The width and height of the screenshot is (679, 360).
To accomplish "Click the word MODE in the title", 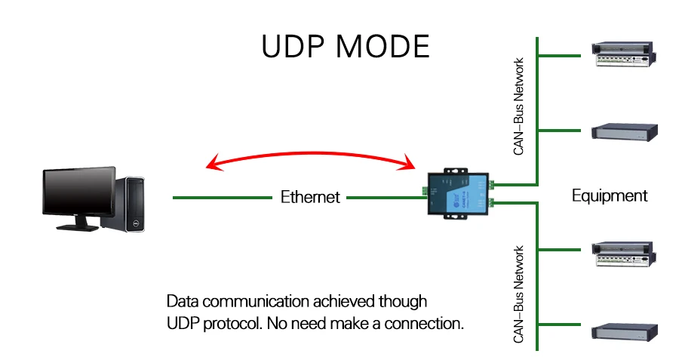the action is (x=383, y=46).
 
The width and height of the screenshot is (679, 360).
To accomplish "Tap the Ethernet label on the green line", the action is (x=310, y=197).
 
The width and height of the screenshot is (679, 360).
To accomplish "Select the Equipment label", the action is (x=610, y=196).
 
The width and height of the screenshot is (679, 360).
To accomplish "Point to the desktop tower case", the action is (x=125, y=204).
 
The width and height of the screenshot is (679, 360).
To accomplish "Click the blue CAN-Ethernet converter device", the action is (x=458, y=194).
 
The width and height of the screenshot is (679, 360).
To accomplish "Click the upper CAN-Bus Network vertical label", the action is (x=518, y=106).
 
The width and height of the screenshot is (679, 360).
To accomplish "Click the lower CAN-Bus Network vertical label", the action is (x=518, y=294).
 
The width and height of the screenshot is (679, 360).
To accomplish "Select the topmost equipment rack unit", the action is (x=624, y=54).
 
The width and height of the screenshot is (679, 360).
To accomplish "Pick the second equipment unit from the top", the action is (x=625, y=132).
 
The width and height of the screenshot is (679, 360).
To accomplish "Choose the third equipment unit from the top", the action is (x=624, y=254).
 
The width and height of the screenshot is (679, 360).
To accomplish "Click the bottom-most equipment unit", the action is (x=625, y=332).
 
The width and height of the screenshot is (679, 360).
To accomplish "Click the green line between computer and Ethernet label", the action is (x=222, y=198).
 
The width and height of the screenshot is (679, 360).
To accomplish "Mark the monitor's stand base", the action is (x=77, y=226).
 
